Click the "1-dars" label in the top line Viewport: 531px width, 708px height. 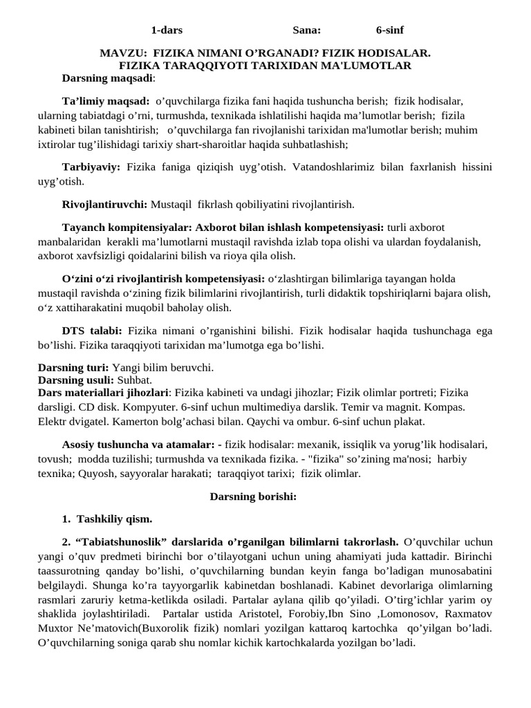167,30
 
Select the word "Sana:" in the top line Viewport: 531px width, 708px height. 306,30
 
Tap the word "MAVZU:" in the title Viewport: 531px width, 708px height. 123,53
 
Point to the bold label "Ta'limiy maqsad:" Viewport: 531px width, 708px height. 106,100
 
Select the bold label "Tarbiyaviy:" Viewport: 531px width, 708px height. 91,167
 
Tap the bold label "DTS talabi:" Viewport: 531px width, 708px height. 92,331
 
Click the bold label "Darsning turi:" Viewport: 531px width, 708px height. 73,366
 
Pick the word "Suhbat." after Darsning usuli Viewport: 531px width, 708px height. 135,380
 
